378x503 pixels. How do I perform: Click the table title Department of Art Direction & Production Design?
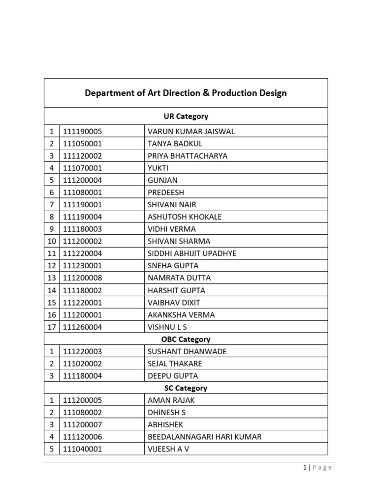(186, 93)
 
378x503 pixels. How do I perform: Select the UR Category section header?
(186, 116)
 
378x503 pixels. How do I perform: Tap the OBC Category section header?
(186, 339)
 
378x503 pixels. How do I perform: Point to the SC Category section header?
(186, 388)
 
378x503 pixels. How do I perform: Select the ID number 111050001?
(82, 144)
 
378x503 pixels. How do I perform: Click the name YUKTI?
(158, 168)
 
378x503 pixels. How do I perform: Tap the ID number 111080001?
(82, 193)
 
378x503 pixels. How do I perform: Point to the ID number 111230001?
(82, 266)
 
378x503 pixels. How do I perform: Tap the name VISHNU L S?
(167, 327)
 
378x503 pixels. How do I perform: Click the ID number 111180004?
(82, 376)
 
